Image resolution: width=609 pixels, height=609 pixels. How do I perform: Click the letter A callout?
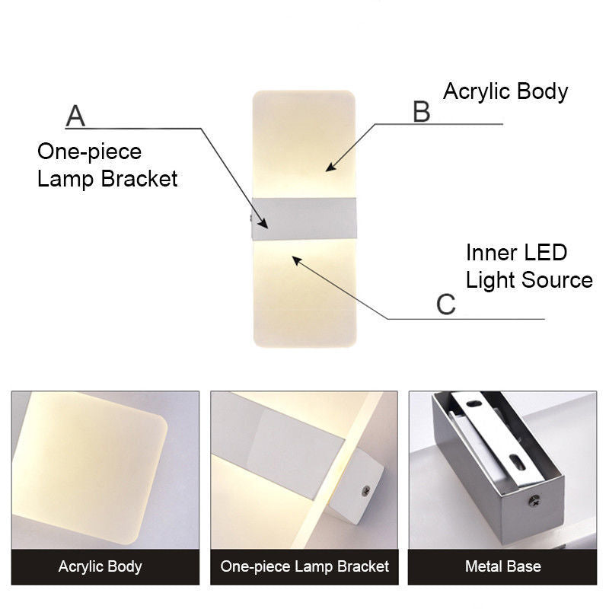[75, 116]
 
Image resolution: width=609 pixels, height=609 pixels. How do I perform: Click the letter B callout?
[421, 111]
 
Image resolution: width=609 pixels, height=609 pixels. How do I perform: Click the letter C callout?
[445, 304]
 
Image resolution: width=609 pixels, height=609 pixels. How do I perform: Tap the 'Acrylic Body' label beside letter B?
[505, 91]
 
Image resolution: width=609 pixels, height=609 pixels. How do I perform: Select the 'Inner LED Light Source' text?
[529, 266]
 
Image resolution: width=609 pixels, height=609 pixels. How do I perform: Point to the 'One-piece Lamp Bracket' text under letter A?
[107, 165]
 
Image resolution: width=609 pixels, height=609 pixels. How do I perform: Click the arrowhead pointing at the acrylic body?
[330, 167]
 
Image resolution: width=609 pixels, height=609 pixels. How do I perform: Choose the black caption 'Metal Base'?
[502, 566]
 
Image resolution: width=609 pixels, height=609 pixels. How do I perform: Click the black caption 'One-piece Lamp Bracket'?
[304, 566]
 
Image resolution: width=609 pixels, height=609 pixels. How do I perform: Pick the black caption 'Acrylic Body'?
[100, 566]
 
